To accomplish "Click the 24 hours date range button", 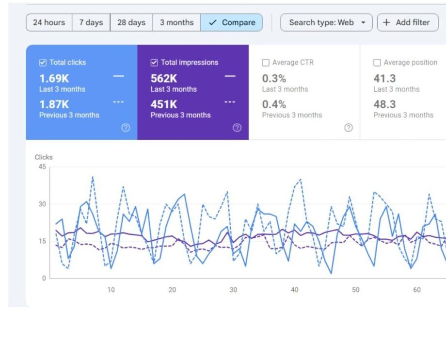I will (49, 22).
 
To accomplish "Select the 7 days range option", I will (91, 22).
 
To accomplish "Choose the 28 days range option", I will (131, 22).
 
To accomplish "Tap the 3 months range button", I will (176, 22).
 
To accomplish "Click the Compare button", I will (232, 22).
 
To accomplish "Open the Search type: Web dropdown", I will (326, 22).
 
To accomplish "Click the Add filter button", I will (407, 22).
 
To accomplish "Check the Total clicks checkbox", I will (43, 63).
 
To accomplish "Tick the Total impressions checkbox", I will (154, 63).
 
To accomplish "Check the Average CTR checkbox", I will (266, 63).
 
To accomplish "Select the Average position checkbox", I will (377, 63).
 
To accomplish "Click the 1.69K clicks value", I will (54, 78).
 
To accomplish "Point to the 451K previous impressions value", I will (164, 104).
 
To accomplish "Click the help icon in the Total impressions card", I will (237, 128).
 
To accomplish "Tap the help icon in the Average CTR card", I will (349, 128).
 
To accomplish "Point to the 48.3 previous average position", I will (384, 104).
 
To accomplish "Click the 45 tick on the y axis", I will (42, 167).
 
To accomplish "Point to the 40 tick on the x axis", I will (294, 290).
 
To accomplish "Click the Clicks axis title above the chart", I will (44, 157).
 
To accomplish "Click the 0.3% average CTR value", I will (274, 78).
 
